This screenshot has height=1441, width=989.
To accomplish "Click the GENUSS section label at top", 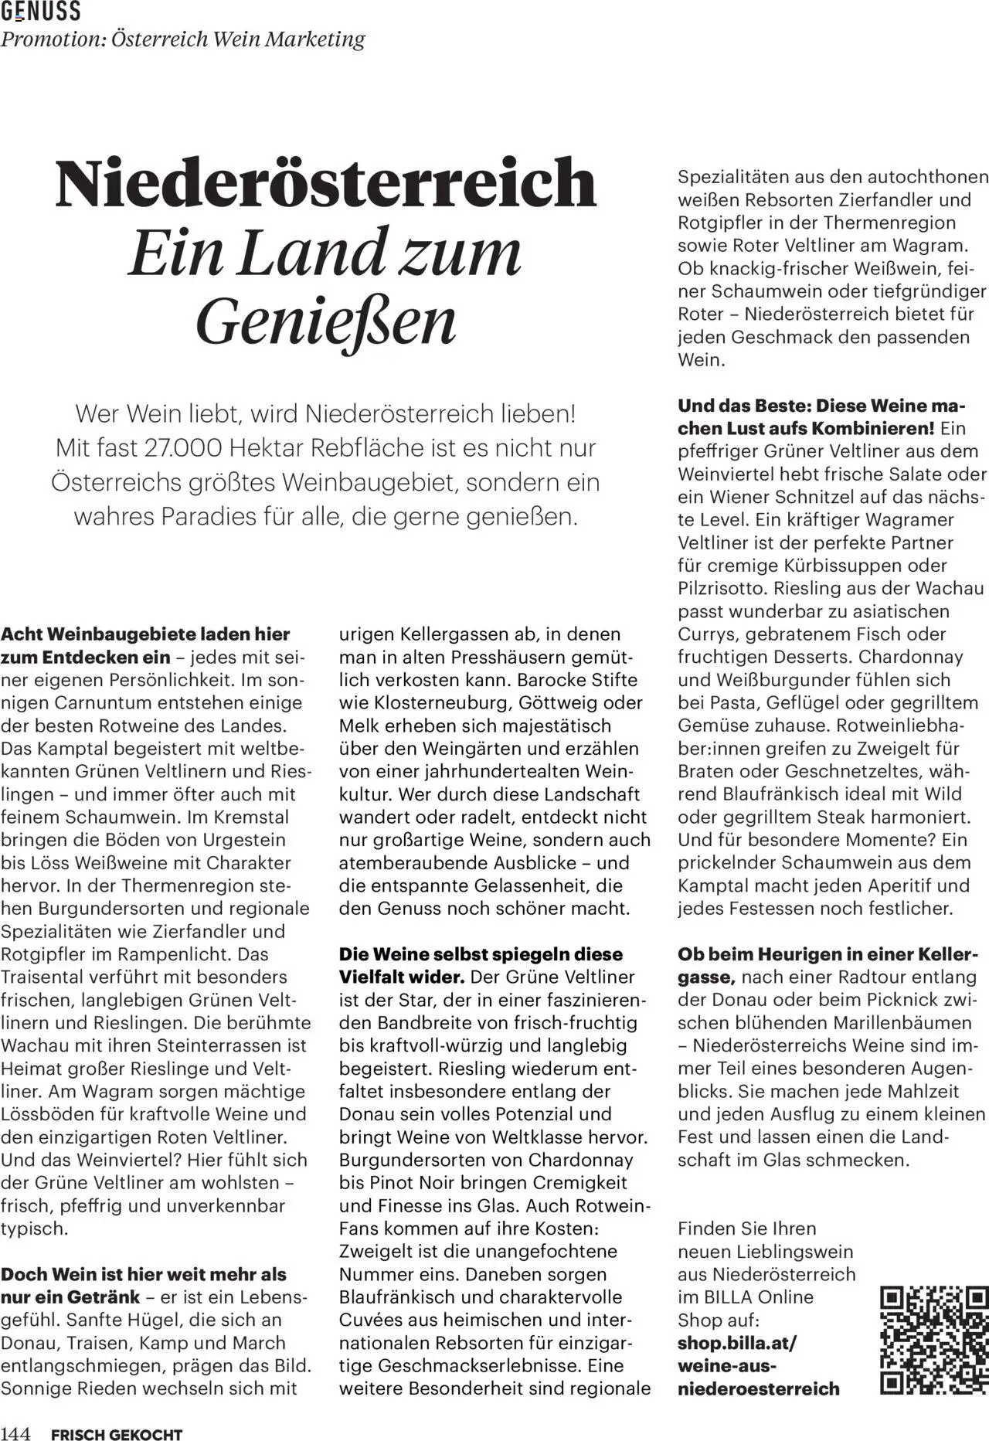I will coord(40,11).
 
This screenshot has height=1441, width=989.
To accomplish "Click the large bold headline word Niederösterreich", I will coord(326,182).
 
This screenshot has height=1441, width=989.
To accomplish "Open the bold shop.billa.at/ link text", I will coord(736,1343).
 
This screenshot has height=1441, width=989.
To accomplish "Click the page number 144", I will coord(15,1429).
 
